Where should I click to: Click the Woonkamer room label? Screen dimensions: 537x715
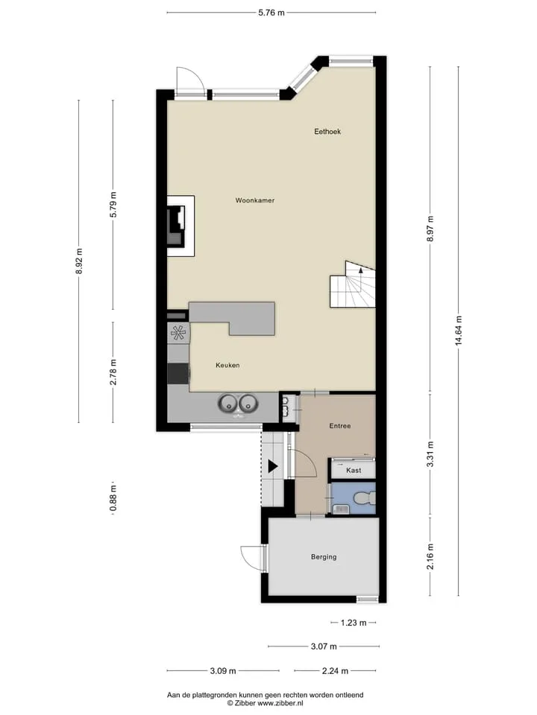point(255,200)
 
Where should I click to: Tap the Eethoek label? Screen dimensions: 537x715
point(327,131)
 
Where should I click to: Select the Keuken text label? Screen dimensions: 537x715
point(227,365)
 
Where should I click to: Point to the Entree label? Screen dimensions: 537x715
point(340,426)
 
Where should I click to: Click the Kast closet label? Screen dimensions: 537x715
point(354,470)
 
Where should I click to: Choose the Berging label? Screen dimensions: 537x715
point(324,557)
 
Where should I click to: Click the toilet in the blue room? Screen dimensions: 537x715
point(366,498)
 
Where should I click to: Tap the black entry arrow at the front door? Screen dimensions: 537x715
point(273,466)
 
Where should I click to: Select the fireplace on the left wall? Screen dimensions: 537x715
point(177,226)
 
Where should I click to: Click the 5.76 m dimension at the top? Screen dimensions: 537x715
point(271,13)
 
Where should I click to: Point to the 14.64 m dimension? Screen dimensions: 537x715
point(459,331)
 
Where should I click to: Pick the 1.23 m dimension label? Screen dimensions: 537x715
point(354,623)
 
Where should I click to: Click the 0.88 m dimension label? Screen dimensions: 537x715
point(113,499)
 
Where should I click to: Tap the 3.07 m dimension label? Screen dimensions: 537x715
point(324,646)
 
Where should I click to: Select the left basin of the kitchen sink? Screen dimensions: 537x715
point(227,403)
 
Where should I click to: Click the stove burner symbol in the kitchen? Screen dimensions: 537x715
point(178,332)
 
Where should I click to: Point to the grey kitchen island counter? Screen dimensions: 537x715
point(233,317)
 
